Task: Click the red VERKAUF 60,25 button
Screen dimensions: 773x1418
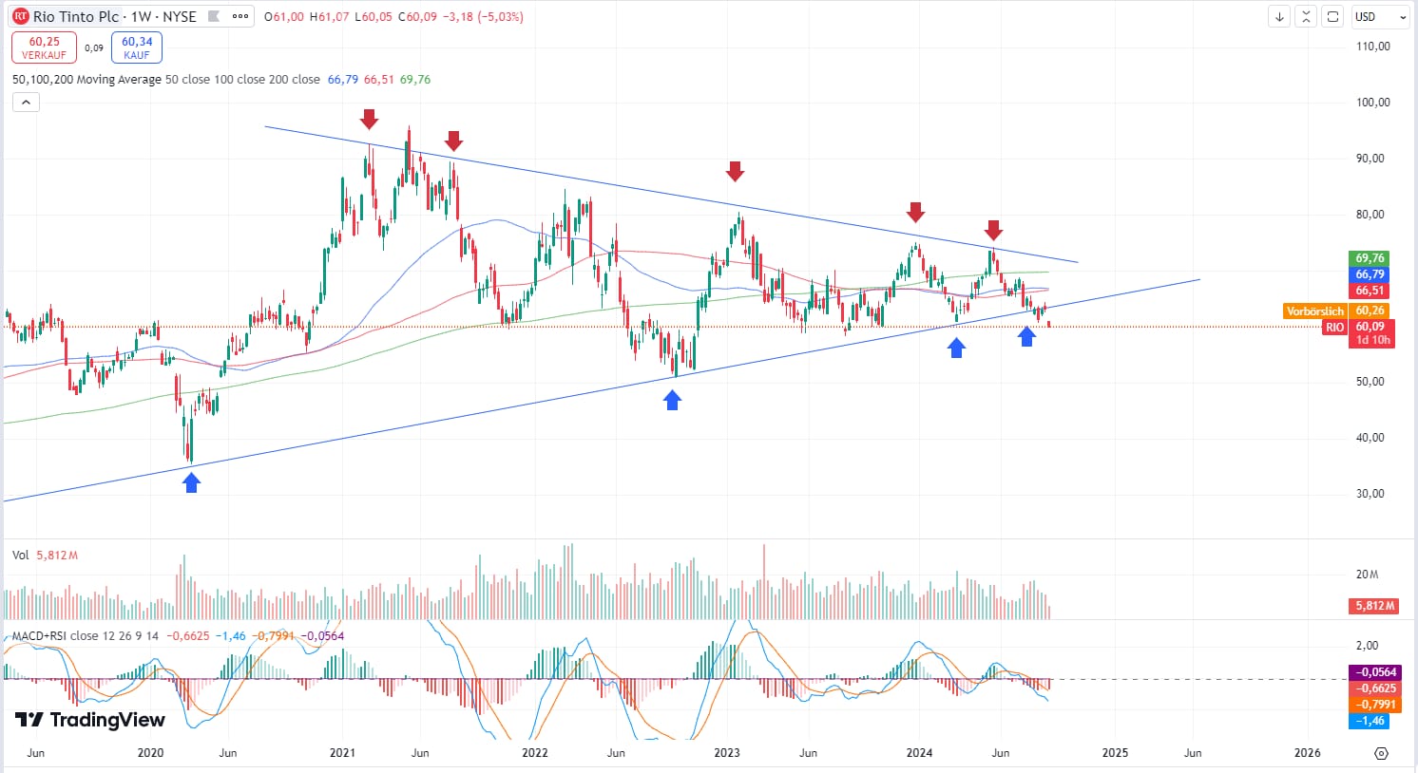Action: (x=44, y=47)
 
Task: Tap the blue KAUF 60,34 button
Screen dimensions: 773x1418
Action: (x=137, y=47)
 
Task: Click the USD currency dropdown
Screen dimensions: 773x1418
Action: (x=1380, y=17)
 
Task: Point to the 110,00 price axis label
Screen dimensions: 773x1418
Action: (x=1372, y=47)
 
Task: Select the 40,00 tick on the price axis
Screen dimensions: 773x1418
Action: (x=1370, y=438)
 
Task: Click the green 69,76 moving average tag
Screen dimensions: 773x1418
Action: (x=1370, y=258)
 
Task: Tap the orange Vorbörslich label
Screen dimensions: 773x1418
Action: (x=1315, y=311)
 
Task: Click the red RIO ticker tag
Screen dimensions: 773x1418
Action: (x=1335, y=328)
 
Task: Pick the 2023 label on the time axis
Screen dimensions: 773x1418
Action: (x=727, y=753)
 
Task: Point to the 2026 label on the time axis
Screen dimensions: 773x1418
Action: (x=1308, y=753)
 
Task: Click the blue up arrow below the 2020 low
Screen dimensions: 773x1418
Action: (x=192, y=483)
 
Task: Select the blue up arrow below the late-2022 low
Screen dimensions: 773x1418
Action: (x=673, y=401)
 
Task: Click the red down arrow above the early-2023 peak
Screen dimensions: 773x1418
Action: (x=735, y=171)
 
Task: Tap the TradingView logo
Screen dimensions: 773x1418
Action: (x=90, y=720)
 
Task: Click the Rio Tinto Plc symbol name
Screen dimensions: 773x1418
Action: (x=76, y=17)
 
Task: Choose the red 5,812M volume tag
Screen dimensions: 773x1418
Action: (x=1374, y=606)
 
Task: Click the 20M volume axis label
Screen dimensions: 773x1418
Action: (x=1367, y=575)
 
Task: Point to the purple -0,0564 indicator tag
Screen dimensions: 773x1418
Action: (x=1373, y=672)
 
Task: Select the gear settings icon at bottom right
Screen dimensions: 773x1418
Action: (x=1381, y=753)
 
